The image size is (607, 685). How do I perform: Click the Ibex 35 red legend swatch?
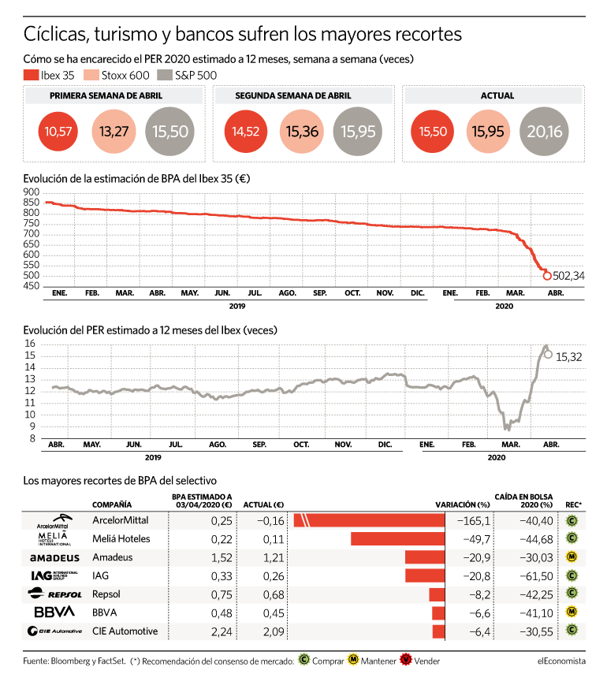tap(31, 75)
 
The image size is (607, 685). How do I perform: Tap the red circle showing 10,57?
tap(58, 131)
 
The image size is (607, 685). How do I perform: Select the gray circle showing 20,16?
tap(544, 131)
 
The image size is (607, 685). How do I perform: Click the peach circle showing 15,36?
tap(302, 131)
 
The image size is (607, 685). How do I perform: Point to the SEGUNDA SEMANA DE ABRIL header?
tap(293, 95)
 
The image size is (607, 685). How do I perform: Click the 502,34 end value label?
tap(568, 276)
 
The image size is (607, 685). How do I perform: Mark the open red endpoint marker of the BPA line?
tap(546, 276)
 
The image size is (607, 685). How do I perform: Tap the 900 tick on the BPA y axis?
tap(32, 192)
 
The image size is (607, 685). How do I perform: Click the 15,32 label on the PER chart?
tap(569, 357)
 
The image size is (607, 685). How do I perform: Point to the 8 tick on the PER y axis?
tap(32, 438)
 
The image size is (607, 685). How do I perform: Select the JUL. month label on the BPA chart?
tap(255, 293)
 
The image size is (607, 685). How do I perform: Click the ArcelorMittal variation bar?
tap(369, 520)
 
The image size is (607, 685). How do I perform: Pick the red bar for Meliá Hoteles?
tap(397, 538)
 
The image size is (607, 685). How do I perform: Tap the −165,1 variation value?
tap(474, 521)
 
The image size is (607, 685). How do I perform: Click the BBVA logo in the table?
tap(54, 612)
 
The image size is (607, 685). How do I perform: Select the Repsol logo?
tap(54, 594)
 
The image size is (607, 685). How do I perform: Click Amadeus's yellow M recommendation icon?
tap(572, 557)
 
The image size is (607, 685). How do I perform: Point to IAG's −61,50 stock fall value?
tap(536, 576)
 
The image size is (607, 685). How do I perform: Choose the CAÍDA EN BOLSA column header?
tap(523, 501)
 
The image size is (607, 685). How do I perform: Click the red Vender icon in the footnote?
tap(406, 660)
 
